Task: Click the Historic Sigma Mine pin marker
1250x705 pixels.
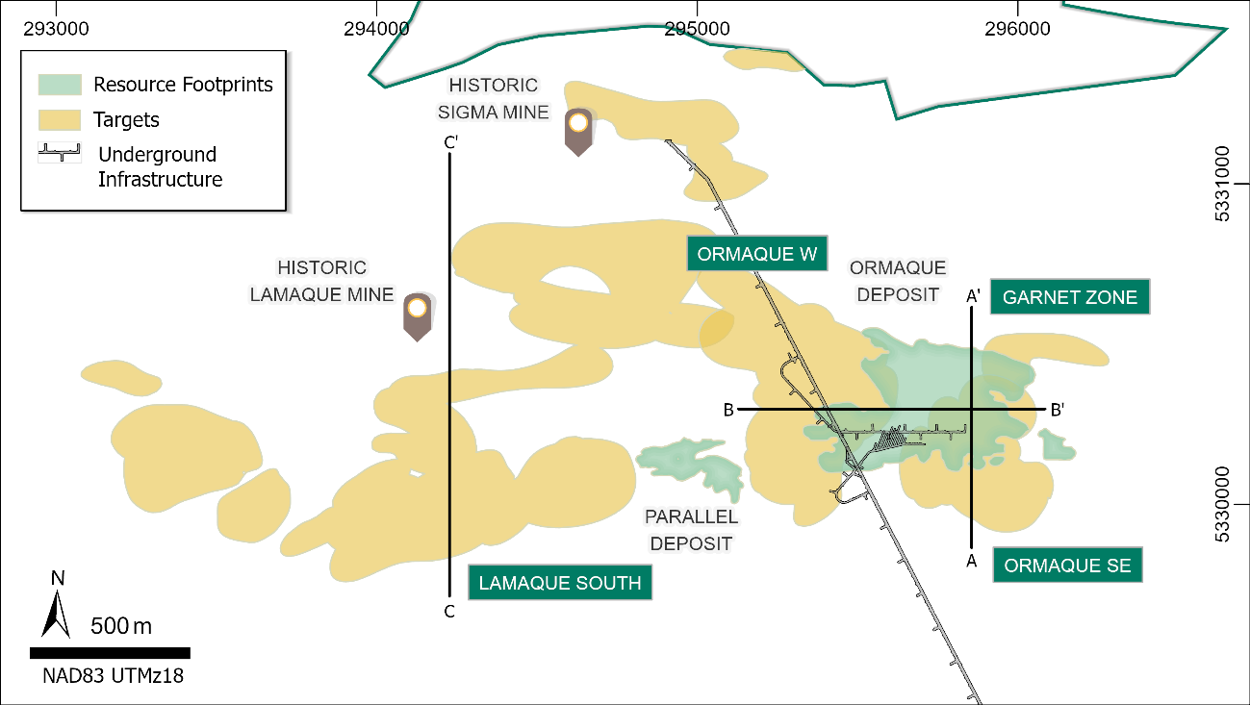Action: point(577,130)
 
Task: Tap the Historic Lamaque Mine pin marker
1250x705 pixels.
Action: point(417,315)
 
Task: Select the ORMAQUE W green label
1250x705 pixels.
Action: point(756,254)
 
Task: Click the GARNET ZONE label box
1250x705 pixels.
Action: point(1069,297)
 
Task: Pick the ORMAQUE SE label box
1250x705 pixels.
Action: point(1067,566)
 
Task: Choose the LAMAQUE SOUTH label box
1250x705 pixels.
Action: point(559,583)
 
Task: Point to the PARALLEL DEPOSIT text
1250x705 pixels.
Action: point(691,530)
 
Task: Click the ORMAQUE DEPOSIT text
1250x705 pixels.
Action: point(897,281)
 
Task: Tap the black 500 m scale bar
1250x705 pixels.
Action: point(110,653)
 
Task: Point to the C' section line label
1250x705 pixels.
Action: point(450,142)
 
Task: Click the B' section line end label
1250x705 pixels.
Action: point(1057,411)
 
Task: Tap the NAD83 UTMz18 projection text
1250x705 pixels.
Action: point(113,675)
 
